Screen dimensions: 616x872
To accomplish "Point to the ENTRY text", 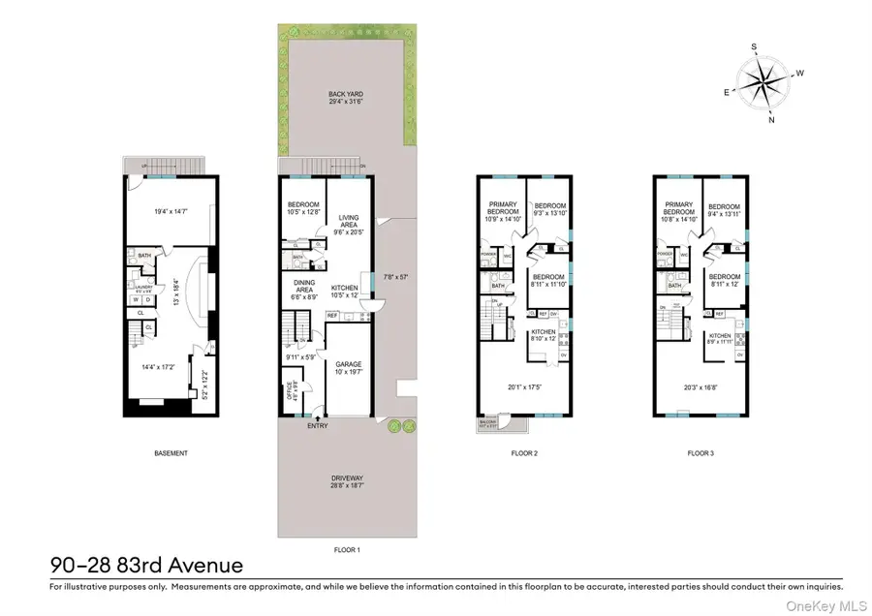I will click(317, 425).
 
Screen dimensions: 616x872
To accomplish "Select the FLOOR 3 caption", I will click(701, 453).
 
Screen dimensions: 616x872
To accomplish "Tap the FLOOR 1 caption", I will click(346, 549).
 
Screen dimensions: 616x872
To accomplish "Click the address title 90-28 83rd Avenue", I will click(146, 565).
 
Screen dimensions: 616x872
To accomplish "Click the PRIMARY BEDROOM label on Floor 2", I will click(502, 210).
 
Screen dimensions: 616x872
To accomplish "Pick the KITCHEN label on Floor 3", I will click(719, 336).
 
